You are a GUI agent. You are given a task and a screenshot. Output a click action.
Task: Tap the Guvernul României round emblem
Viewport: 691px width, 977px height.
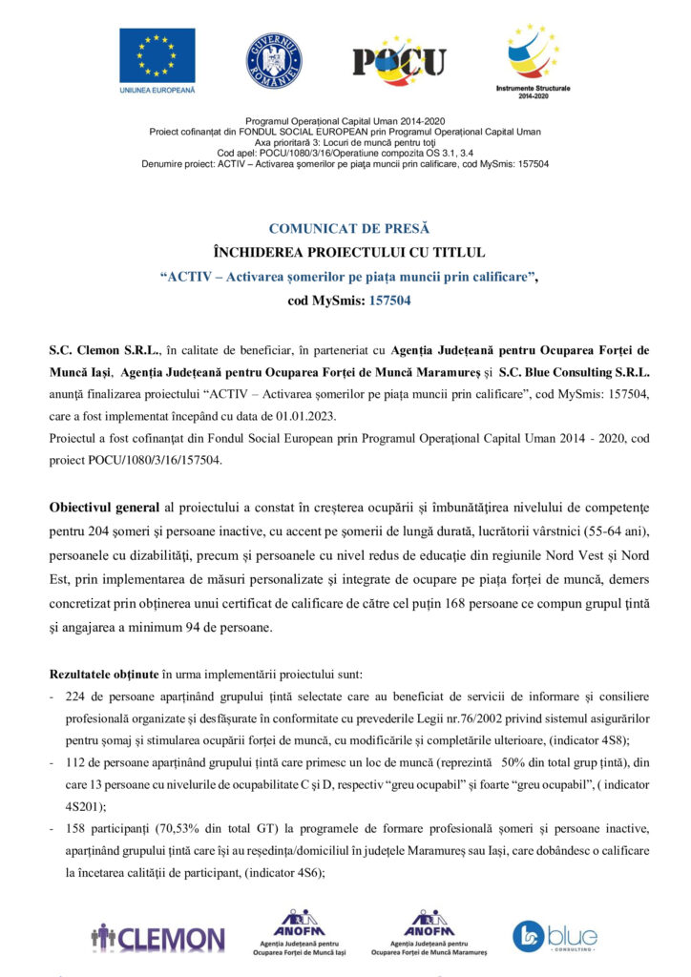click(x=274, y=60)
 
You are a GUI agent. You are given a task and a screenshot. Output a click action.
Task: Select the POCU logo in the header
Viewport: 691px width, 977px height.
click(x=399, y=61)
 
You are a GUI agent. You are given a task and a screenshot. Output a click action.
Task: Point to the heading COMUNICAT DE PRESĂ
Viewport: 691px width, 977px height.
click(x=349, y=229)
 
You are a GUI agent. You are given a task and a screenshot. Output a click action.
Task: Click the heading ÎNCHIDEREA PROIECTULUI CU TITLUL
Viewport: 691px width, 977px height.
click(x=349, y=253)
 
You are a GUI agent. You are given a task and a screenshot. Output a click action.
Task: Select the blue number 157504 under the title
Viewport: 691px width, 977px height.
click(x=391, y=300)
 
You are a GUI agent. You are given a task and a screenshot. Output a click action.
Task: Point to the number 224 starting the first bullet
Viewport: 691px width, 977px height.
click(x=75, y=696)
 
